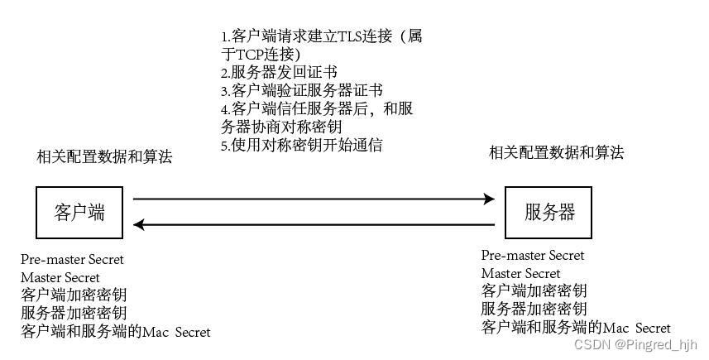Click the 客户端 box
point(80,212)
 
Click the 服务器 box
point(549,212)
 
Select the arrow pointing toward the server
point(314,199)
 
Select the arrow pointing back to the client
point(314,224)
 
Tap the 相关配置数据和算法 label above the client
point(105,156)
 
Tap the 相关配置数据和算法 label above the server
point(556,152)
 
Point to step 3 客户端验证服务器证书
point(301,90)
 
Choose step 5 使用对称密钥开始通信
point(301,145)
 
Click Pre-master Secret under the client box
point(72,259)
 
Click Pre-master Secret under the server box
point(532,255)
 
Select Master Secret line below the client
point(60,277)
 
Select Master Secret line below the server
point(520,273)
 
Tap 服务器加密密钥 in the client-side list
point(74,313)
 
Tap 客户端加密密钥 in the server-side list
point(534,290)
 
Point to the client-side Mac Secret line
point(116,332)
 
